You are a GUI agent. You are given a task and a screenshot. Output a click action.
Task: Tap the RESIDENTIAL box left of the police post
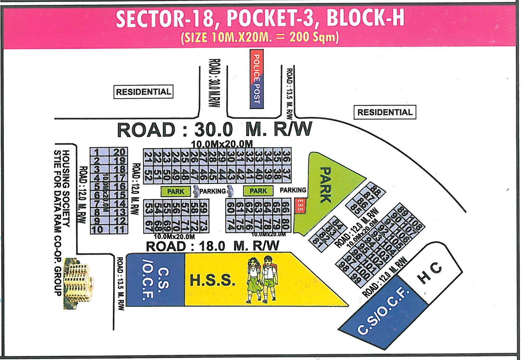143,92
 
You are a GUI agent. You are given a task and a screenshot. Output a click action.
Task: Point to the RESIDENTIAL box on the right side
385,112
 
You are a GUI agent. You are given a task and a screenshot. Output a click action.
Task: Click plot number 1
97,152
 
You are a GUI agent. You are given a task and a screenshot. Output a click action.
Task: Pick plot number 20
119,152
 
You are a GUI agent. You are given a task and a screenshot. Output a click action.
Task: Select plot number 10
97,229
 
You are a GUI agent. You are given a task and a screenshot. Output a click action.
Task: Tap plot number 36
286,156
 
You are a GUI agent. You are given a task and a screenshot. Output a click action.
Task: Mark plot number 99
357,279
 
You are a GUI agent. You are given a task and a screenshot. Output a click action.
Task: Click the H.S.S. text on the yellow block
212,280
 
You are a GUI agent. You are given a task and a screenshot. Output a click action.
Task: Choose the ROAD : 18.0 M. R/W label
212,246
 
